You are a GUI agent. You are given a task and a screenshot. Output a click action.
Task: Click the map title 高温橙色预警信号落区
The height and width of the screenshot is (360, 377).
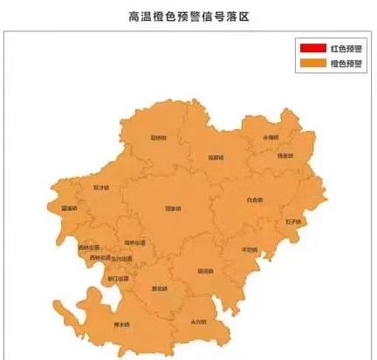pos(188,17)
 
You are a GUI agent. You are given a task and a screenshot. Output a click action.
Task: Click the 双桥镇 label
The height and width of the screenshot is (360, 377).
pos(157,138)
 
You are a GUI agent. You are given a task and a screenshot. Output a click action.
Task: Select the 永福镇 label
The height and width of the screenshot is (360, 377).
pos(270,138)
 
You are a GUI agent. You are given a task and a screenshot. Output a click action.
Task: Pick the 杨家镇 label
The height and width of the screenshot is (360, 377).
pos(284,156)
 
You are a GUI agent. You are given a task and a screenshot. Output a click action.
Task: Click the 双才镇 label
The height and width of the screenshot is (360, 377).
pos(100,187)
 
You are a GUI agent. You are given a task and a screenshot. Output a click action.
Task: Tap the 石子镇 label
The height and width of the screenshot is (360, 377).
pos(292,221)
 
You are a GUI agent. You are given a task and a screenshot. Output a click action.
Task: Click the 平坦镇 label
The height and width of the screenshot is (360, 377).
pos(249,250)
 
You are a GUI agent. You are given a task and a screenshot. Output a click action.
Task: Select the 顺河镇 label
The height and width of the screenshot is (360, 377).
pos(205,270)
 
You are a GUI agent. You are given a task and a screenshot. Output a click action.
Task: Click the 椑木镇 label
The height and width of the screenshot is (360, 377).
pos(121,325)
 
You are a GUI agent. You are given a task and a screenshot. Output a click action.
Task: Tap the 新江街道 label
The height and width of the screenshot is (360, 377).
pos(116,279)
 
